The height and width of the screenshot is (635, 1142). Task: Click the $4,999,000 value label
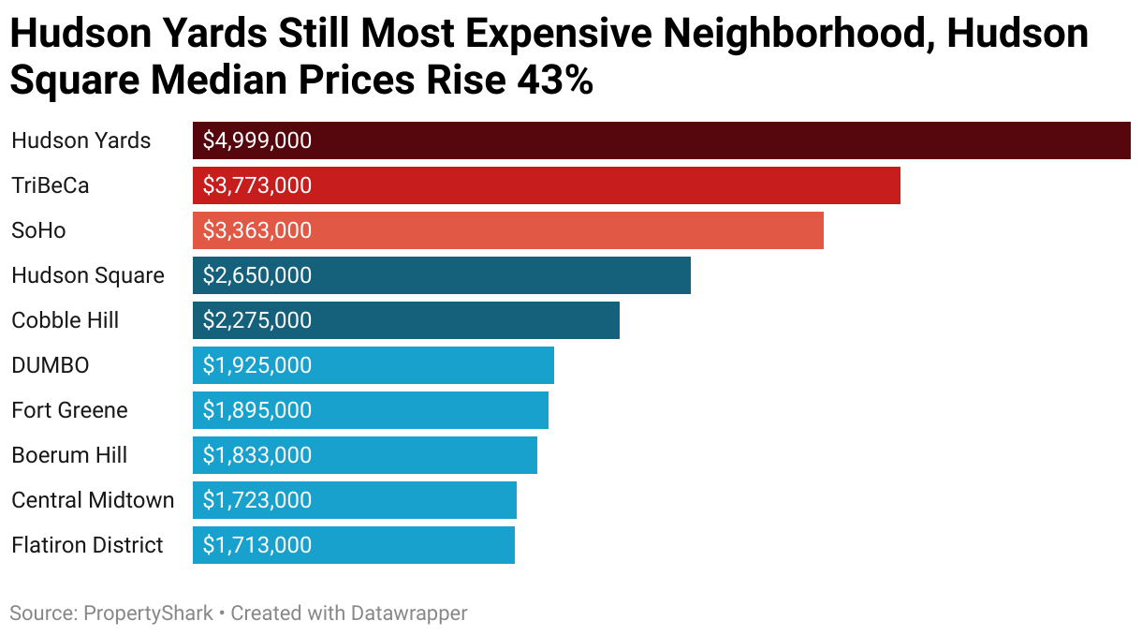pos(256,140)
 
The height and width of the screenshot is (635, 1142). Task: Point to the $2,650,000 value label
pos(256,275)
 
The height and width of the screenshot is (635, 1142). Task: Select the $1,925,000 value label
pos(256,365)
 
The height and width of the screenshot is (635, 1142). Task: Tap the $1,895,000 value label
pos(256,410)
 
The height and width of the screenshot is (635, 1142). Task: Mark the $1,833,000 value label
pos(256,455)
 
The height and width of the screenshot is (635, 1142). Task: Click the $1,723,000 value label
pos(256,500)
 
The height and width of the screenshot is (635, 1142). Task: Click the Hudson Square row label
pos(87,275)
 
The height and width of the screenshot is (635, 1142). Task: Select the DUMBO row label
pos(50,365)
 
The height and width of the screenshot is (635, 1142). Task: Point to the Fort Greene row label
pos(69,410)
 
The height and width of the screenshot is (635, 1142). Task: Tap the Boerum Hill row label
pos(69,455)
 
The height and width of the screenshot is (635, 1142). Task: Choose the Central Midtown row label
pos(93,500)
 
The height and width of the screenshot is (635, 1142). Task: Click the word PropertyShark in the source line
pos(148,613)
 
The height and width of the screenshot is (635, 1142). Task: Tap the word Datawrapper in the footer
pos(408,613)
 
